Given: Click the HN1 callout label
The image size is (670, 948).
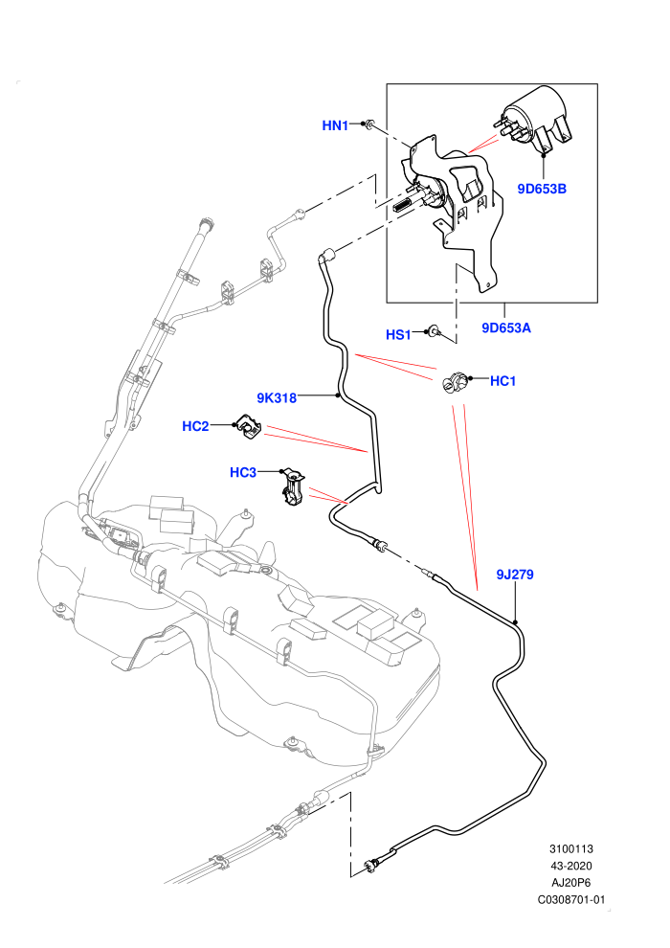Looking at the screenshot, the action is point(335,125).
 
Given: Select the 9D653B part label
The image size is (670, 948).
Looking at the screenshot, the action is point(542,189).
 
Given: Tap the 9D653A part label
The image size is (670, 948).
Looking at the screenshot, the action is point(506,327).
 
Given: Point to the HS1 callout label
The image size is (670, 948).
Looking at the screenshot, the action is point(398,334).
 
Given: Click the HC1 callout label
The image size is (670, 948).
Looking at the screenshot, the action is point(502,381).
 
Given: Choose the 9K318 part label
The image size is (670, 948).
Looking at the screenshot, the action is point(277,397).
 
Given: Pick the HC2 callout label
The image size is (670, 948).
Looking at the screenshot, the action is point(195,426).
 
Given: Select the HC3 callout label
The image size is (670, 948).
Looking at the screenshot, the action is point(243,472).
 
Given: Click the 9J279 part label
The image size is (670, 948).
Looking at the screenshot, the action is point(515,574).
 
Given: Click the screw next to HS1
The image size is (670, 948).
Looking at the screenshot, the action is point(434,330).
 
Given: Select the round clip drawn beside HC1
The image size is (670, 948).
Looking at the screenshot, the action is point(454,382).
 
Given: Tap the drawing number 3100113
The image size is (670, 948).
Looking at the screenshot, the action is point(570,848).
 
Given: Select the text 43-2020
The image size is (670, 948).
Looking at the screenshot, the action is point(570,866).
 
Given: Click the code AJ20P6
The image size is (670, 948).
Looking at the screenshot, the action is point(570,883).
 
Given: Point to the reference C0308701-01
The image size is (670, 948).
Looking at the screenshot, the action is point(570,899).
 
